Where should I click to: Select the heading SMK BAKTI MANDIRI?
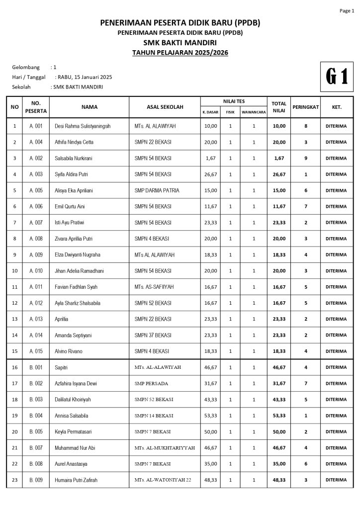coord(180,43)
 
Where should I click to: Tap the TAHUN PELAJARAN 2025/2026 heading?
coord(180,53)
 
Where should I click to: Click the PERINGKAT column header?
coord(306,107)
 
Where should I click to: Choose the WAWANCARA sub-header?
coord(254,112)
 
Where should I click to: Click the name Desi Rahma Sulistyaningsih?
coord(83,126)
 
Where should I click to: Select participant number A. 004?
coord(36,142)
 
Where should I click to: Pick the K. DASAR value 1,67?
coord(210,158)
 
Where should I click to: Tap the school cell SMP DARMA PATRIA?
coord(157,190)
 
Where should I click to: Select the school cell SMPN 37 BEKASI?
coord(153,335)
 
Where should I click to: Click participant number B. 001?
coord(36,367)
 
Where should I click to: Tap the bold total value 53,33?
coord(279,416)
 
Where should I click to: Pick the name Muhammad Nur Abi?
coord(75,448)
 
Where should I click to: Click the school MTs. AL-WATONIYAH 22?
coord(163,480)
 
